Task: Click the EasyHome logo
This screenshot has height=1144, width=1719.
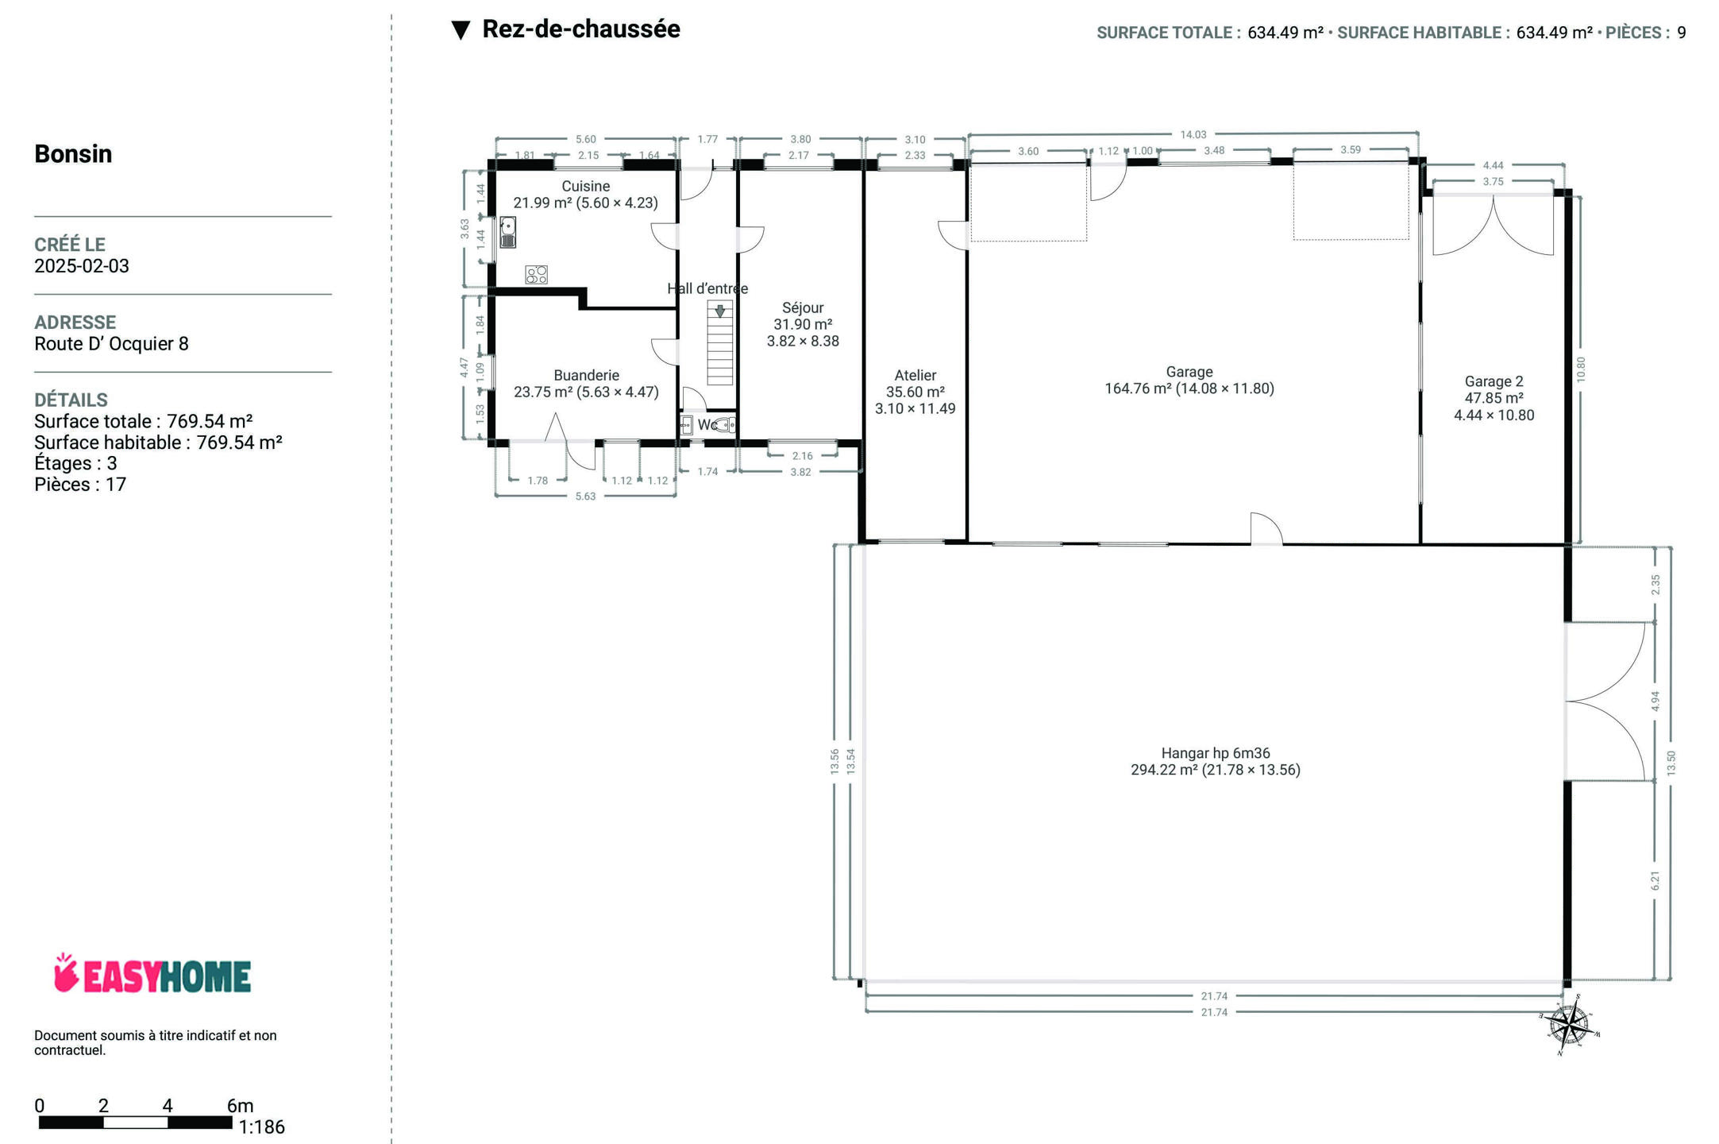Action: click(152, 974)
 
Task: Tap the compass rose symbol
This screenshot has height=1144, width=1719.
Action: click(1570, 1025)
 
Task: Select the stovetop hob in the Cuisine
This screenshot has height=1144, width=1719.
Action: click(537, 275)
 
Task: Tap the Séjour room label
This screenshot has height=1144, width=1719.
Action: click(803, 307)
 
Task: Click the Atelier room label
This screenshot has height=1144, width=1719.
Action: click(915, 375)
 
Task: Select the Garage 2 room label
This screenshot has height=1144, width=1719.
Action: click(1494, 381)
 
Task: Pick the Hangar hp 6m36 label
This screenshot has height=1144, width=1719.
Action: click(1216, 753)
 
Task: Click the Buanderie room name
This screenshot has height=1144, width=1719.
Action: click(586, 375)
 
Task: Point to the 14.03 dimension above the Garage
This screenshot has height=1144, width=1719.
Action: click(1193, 134)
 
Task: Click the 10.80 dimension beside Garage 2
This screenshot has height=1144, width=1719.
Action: click(1581, 369)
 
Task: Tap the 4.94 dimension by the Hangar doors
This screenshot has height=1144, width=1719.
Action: click(1655, 701)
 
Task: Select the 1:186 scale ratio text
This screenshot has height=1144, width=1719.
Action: click(261, 1127)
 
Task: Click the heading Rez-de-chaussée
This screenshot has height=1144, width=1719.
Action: click(581, 29)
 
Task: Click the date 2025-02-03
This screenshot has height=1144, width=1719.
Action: click(82, 265)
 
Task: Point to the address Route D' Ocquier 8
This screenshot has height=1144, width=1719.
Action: click(111, 343)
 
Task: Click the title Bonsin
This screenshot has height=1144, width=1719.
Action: click(73, 153)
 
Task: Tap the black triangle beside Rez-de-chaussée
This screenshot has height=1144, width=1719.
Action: click(461, 30)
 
